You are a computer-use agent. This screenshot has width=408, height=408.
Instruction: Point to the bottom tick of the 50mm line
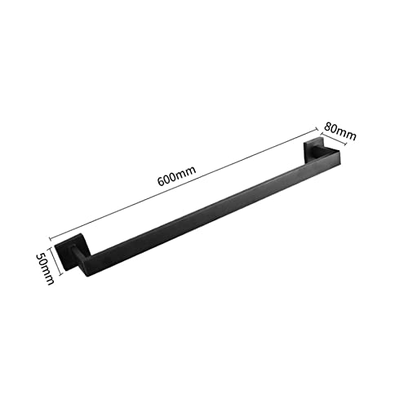pos(54,282)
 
